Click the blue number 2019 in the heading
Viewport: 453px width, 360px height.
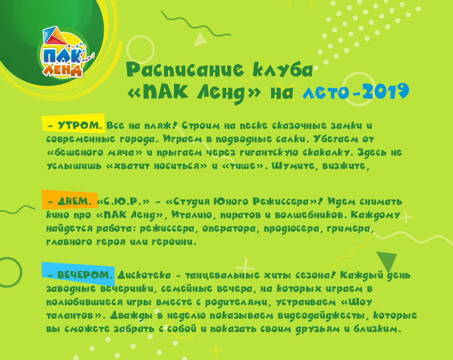pyautogui.click(x=384, y=91)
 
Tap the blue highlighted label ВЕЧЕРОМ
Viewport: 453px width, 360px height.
pyautogui.click(x=78, y=276)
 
